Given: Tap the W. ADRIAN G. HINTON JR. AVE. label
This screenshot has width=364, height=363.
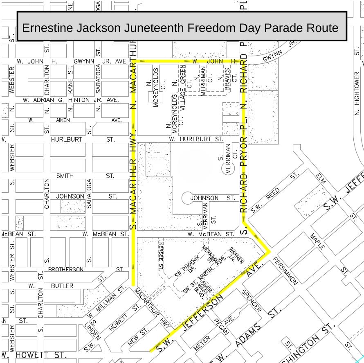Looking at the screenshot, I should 71,100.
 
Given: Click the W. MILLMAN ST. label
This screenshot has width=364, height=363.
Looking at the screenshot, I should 106,303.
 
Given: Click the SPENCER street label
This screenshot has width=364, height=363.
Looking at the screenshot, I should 252,300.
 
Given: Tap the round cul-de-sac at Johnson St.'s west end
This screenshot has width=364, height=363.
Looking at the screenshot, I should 187,198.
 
